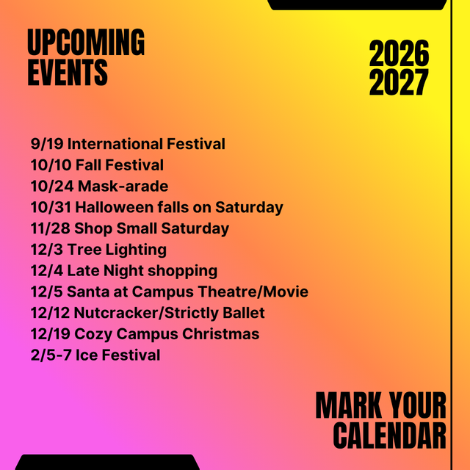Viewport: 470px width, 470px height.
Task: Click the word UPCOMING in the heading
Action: [x=86, y=42]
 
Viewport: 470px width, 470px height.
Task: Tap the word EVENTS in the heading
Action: [x=68, y=72]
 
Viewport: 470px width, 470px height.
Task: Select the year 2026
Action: [x=399, y=53]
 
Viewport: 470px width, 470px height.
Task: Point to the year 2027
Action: [x=399, y=82]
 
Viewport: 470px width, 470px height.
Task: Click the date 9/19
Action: [x=47, y=144]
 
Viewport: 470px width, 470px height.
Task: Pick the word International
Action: [x=115, y=144]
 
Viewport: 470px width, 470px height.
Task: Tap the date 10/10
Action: [x=51, y=165]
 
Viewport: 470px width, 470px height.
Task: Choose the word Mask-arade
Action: [x=123, y=186]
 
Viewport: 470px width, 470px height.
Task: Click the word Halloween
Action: [x=115, y=207]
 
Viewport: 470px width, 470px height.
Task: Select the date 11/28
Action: [x=51, y=228]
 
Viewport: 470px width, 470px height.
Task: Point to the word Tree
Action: [x=84, y=250]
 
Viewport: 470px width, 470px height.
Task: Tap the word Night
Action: [x=123, y=271]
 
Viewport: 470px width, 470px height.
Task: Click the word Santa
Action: [x=88, y=292]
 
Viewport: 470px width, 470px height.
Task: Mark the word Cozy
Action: [x=93, y=334]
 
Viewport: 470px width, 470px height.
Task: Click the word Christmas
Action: [x=220, y=334]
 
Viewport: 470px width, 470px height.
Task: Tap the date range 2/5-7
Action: [x=51, y=355]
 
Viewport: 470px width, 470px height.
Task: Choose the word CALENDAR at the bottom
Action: [x=389, y=435]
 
